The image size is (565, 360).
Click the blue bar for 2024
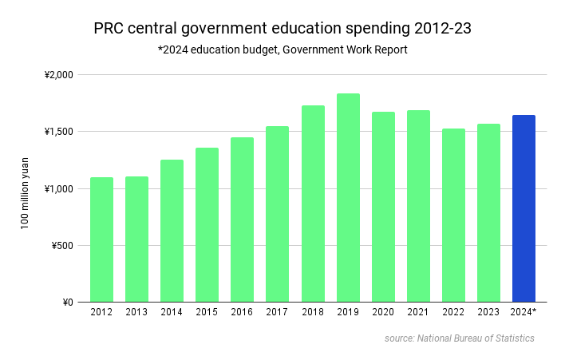tap(524, 208)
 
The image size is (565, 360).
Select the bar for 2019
tap(348, 198)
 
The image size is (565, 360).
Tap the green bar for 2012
tap(101, 239)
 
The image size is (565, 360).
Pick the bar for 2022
tap(453, 216)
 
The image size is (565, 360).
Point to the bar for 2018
tap(313, 204)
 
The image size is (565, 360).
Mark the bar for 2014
tap(172, 231)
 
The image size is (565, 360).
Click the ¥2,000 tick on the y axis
tap(58, 75)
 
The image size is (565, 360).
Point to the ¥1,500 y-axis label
tap(58, 132)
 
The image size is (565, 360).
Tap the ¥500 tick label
tap(61, 245)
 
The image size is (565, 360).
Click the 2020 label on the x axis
tap(383, 312)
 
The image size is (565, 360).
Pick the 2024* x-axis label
tap(524, 312)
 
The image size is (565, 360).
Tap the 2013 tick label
tap(136, 312)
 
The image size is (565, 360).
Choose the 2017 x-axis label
tap(277, 312)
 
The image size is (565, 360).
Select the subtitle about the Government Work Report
tap(282, 50)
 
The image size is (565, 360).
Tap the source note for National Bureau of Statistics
tap(459, 338)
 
